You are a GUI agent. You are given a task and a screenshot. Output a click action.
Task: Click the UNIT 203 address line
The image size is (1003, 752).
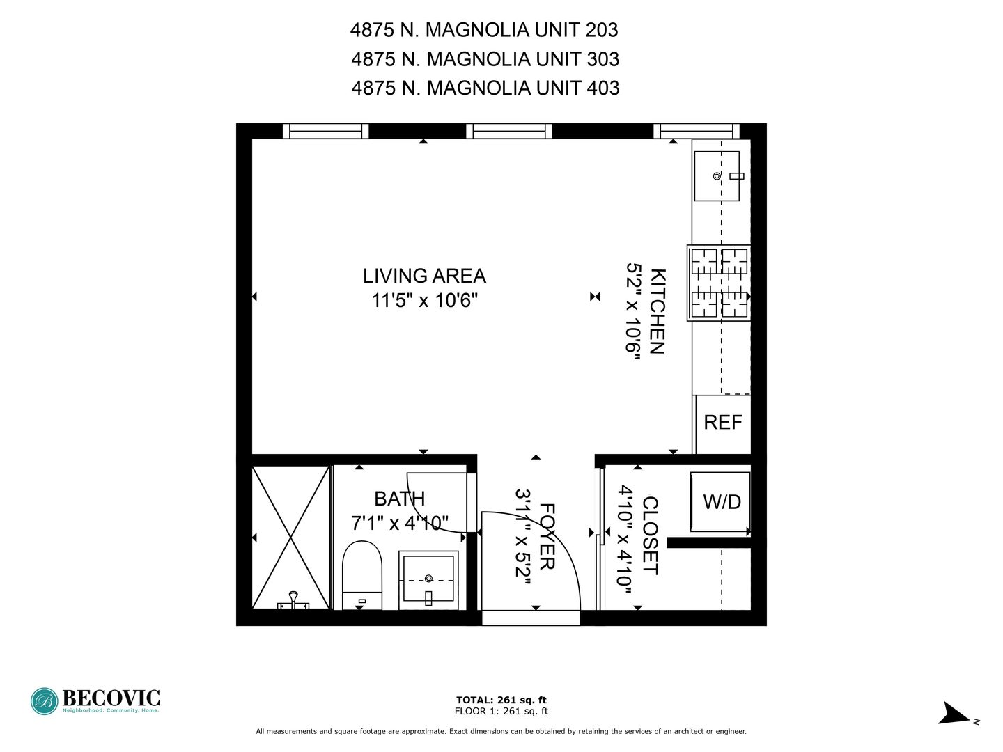click(x=484, y=30)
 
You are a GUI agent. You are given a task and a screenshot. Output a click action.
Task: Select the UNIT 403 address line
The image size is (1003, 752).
click(x=485, y=88)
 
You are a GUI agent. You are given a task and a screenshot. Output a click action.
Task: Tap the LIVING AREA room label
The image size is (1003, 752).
click(x=424, y=276)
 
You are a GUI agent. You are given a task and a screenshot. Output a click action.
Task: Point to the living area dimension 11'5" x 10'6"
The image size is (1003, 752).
click(x=424, y=300)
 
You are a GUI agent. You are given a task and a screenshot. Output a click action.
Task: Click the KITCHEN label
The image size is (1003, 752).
click(x=657, y=311)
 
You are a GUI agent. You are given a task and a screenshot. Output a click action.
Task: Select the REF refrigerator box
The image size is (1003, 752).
click(x=722, y=424)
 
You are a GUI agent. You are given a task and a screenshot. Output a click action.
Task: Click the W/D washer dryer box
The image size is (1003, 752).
click(x=720, y=502)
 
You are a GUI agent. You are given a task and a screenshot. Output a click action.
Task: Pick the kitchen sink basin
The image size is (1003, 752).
click(x=717, y=176)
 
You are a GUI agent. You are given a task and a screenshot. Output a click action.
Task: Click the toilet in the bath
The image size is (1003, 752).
click(x=362, y=575)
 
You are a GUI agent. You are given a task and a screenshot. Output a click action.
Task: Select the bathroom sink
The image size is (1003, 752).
click(x=428, y=580)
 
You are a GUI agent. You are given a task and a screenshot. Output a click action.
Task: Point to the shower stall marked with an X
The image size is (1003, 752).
click(x=290, y=538)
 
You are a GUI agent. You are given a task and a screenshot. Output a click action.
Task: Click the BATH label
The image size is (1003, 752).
click(x=399, y=499)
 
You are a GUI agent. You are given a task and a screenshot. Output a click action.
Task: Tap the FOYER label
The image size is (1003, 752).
click(x=547, y=536)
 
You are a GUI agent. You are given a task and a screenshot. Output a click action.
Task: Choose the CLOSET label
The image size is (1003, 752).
click(x=651, y=535)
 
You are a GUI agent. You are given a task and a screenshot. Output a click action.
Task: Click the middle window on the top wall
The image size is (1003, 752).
click(x=509, y=131)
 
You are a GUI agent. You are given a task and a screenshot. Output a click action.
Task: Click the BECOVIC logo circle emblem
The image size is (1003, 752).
click(x=45, y=701)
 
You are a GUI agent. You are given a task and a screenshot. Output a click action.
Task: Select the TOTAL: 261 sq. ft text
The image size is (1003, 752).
click(x=501, y=700)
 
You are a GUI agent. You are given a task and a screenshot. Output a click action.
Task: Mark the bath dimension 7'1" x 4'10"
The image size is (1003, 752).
click(x=399, y=523)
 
